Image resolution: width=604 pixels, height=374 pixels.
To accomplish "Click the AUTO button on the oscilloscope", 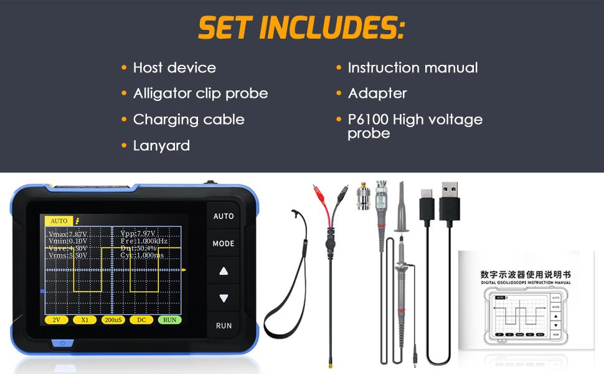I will click(x=224, y=216).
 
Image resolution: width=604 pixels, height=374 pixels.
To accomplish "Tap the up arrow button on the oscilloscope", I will click(x=224, y=271).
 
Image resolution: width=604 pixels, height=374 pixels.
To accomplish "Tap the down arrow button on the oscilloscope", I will click(x=224, y=299).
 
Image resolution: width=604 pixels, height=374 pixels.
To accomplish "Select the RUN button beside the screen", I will click(x=224, y=325).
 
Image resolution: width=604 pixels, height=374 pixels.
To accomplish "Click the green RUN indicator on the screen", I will click(x=169, y=320).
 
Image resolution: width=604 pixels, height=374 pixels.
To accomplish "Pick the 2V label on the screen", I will click(x=55, y=320).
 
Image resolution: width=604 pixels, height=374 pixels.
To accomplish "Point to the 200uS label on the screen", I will click(x=113, y=320).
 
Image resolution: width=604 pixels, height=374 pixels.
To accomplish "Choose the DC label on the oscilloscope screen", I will click(x=141, y=320).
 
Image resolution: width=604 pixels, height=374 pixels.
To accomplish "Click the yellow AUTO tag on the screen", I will click(x=59, y=221).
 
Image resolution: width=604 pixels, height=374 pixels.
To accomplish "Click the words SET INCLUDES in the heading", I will click(x=301, y=27).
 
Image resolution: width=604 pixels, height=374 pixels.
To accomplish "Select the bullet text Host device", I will click(x=174, y=67).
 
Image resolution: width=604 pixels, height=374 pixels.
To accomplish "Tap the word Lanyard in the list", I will click(x=161, y=145).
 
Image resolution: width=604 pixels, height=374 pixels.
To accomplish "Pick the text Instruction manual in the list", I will click(x=412, y=67).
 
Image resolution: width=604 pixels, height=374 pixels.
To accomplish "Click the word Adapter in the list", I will click(x=377, y=93).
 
